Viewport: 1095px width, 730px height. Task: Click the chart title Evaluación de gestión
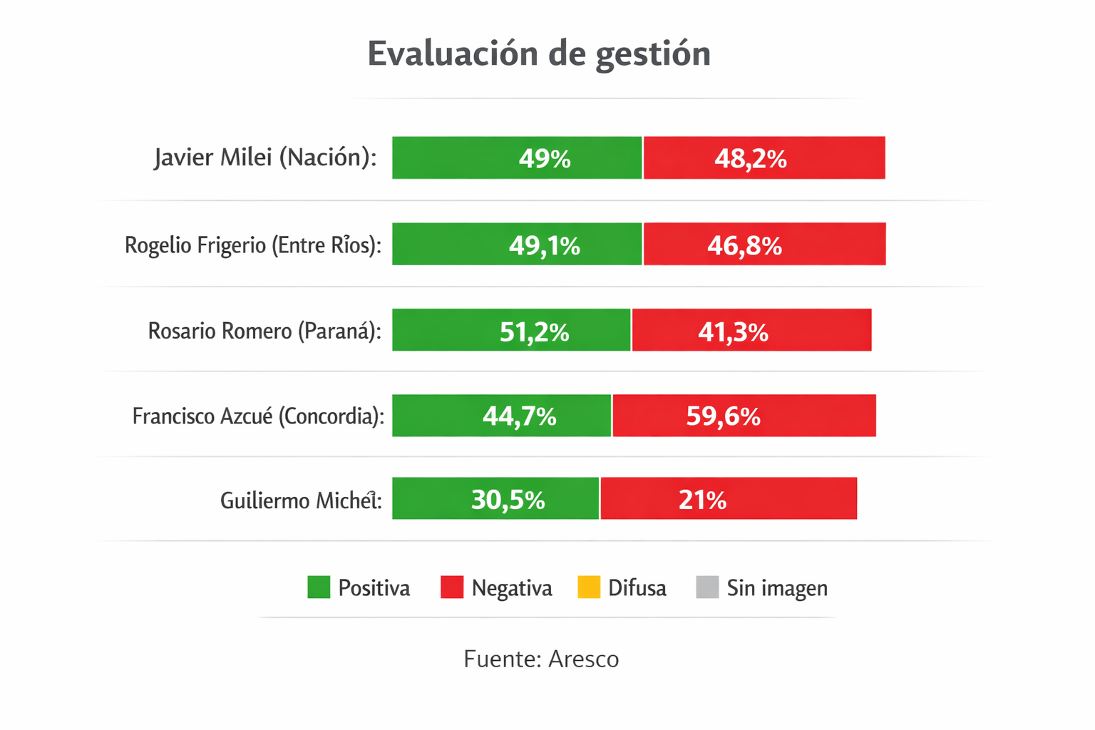tap(539, 54)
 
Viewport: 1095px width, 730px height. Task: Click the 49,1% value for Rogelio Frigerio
tap(545, 245)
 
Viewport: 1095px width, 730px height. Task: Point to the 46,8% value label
tap(744, 245)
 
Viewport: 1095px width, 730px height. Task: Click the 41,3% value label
tap(733, 331)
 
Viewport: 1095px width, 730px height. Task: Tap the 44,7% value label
tap(519, 416)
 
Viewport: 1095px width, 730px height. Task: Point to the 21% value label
tap(702, 500)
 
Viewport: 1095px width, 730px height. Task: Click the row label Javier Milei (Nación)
tap(265, 158)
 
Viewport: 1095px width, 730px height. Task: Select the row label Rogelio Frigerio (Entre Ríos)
tap(253, 245)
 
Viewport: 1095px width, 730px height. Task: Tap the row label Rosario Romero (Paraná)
tap(264, 331)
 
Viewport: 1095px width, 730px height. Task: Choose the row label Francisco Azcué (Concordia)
tap(258, 416)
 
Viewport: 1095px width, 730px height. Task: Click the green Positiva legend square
tap(319, 587)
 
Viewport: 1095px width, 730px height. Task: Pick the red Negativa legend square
tap(452, 587)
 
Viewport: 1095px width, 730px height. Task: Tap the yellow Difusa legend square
tap(589, 587)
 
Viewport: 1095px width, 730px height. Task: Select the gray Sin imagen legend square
tap(707, 587)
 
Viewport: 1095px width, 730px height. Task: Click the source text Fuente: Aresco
tap(541, 659)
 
